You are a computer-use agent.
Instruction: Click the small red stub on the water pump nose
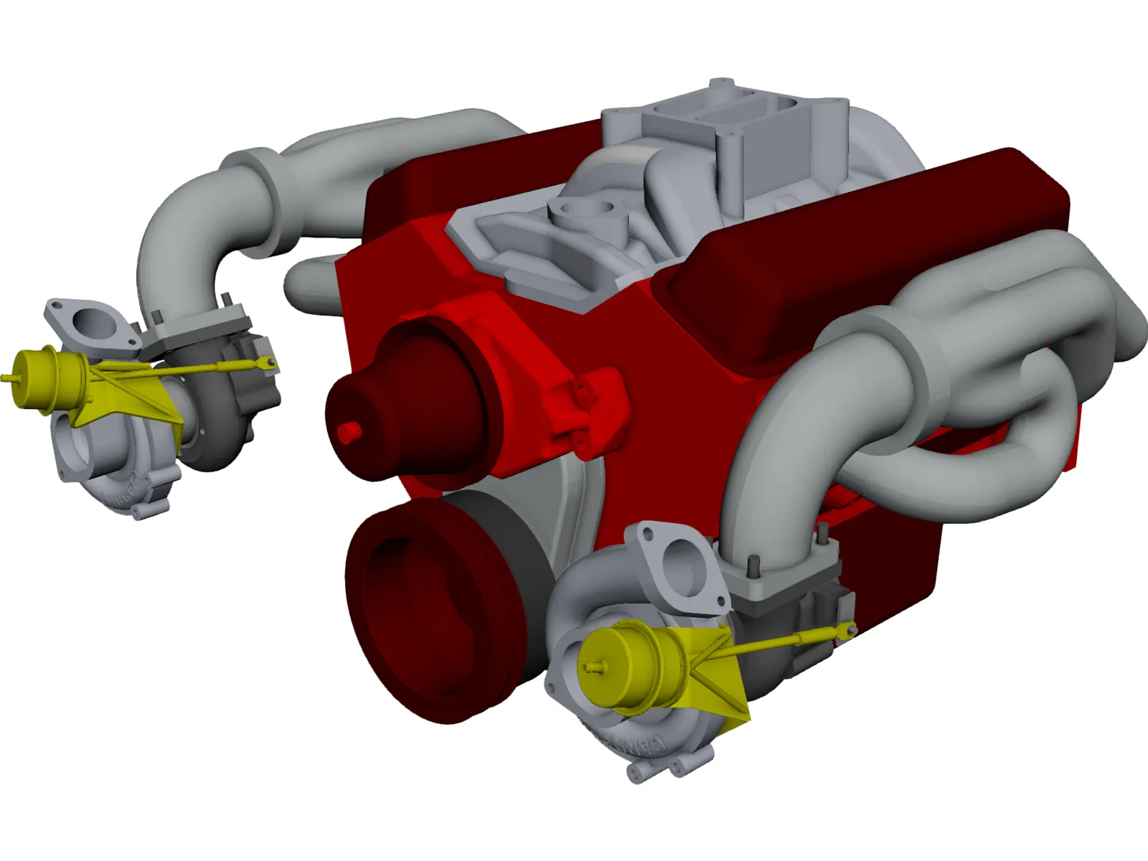click(349, 432)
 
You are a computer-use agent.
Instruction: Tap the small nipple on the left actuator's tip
click(7, 377)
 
